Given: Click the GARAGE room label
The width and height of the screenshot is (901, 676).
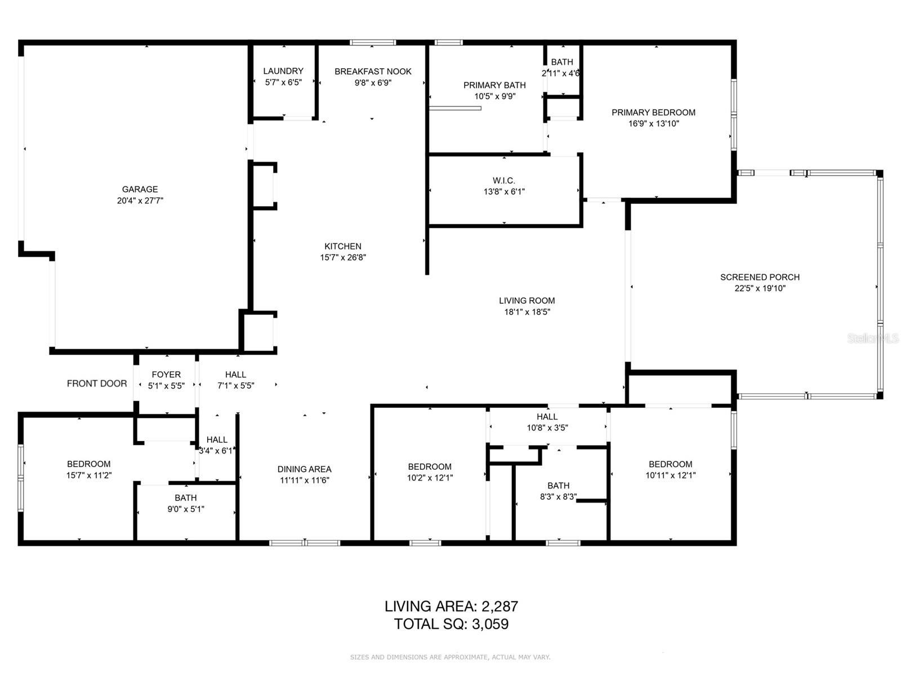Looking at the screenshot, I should coord(140,189).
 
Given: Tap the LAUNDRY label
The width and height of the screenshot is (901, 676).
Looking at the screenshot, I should coord(283,71).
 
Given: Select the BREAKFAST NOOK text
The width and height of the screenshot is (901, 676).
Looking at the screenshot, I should coord(373,72).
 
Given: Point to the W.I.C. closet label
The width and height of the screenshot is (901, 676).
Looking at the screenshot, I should coord(503,180).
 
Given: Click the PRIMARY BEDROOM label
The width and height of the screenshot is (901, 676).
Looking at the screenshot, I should coord(653,113).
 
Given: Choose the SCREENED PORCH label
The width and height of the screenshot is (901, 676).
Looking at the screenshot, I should coord(760,277).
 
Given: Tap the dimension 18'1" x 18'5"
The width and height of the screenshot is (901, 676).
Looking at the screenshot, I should coord(527,312).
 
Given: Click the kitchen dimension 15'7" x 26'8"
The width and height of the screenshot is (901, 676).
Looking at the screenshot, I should coord(343,257).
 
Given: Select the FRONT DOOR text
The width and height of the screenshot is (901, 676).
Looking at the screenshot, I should coord(97,384).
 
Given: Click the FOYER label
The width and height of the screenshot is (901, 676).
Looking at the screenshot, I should coord(166,375).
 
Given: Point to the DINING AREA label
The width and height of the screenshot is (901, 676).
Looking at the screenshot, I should coord(304,469).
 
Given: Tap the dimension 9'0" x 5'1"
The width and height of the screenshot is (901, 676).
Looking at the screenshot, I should coord(185,509).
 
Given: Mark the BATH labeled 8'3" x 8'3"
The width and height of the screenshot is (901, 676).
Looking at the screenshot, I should coord(558,486).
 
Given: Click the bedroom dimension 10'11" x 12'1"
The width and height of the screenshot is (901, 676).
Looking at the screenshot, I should coord(670,475).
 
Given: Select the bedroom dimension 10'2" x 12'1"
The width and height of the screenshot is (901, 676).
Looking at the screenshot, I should coord(430,478).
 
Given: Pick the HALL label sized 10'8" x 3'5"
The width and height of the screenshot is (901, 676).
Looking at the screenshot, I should coord(547,417).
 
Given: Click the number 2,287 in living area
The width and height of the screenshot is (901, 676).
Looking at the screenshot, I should coord(499,607).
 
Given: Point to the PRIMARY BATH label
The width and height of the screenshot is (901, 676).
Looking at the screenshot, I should coord(494,85).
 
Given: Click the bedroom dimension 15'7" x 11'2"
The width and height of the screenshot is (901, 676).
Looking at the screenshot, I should coord(88,475).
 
